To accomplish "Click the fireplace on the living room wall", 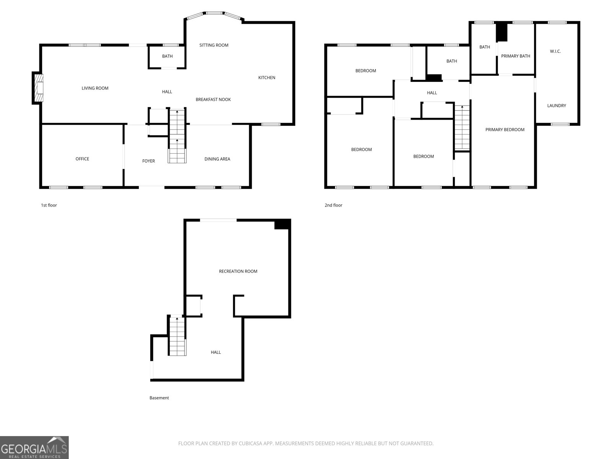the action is point(37,88).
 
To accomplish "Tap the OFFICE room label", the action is point(82,159).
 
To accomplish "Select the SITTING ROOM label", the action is point(214,45).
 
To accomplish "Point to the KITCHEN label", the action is point(267,78).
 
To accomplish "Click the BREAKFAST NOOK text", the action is point(213,99).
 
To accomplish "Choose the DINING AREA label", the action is point(217,159).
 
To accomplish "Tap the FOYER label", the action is point(148,161).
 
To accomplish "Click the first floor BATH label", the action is point(167,56).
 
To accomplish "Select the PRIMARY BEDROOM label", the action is point(505,130).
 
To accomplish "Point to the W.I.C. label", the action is point(555,51).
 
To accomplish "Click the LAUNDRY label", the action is point(557,106).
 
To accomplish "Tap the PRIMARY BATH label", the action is point(516,56).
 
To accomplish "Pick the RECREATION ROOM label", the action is point(238,271).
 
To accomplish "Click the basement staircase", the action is point(177,336).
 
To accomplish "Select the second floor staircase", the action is point(462,127).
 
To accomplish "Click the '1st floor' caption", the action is point(49,205).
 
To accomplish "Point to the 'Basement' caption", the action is point(159,398).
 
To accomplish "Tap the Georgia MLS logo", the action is point(34,447).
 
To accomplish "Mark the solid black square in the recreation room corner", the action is point(282,225).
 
